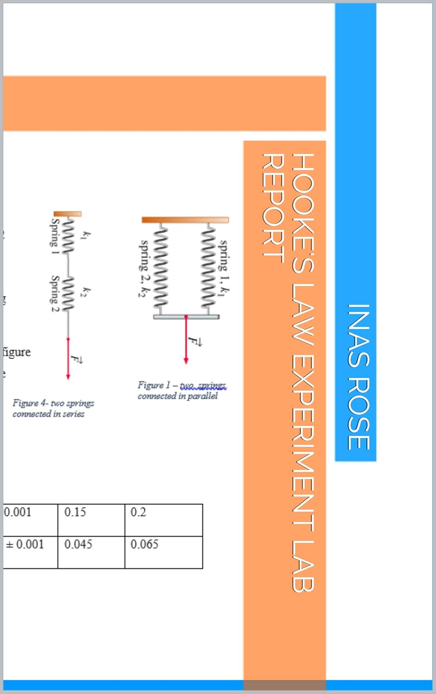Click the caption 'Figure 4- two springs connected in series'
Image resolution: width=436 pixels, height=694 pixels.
pos(53,409)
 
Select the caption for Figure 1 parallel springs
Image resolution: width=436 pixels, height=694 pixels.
pos(182,390)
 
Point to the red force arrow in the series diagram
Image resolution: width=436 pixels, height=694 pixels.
pos(68,359)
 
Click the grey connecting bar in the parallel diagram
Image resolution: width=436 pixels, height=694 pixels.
pos(186,317)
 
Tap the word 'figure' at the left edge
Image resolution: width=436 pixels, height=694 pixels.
pos(17,352)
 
